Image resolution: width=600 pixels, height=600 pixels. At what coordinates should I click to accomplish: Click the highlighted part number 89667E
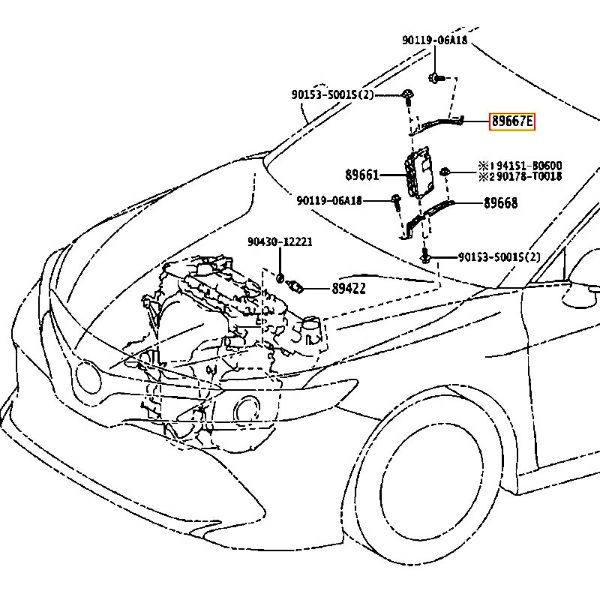(x=512, y=121)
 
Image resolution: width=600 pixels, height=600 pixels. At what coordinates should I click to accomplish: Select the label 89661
(x=362, y=175)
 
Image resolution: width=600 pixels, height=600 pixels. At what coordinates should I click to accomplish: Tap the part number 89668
(x=500, y=203)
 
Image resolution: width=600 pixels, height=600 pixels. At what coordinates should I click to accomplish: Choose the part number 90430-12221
(x=280, y=242)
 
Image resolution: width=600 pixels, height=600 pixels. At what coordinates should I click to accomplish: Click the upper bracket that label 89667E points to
(x=442, y=121)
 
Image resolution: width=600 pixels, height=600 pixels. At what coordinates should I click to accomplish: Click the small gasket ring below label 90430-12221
(x=280, y=278)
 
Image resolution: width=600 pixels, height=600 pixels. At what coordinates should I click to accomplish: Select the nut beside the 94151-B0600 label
(x=445, y=172)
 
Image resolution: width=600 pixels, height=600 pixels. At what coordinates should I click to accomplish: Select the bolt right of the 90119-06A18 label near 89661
(x=396, y=200)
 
